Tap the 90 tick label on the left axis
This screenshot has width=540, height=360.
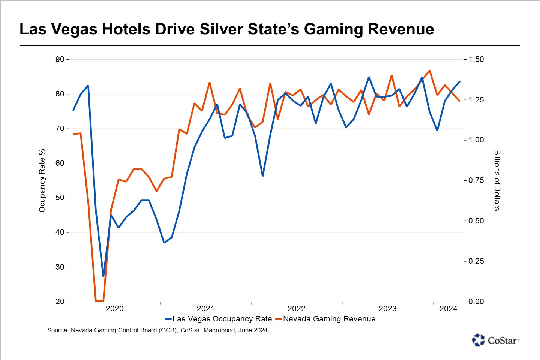[60, 59]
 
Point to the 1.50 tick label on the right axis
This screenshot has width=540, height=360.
[476, 59]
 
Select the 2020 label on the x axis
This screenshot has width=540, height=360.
[114, 309]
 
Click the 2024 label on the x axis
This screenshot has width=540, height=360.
[448, 309]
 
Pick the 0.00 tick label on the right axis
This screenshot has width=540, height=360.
[476, 301]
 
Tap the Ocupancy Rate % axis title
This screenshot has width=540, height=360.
[42, 180]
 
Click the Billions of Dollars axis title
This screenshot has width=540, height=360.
[497, 180]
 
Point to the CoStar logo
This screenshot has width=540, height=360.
[495, 340]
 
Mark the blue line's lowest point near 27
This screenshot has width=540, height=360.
[103, 276]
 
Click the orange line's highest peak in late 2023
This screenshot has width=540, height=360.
[429, 70]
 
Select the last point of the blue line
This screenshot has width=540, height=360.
[460, 81]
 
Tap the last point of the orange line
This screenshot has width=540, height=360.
[460, 101]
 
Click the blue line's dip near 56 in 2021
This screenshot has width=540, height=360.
[262, 175]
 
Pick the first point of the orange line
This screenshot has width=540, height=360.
[73, 134]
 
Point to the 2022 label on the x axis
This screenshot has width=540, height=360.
[296, 309]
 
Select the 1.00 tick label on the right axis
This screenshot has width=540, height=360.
[476, 140]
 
